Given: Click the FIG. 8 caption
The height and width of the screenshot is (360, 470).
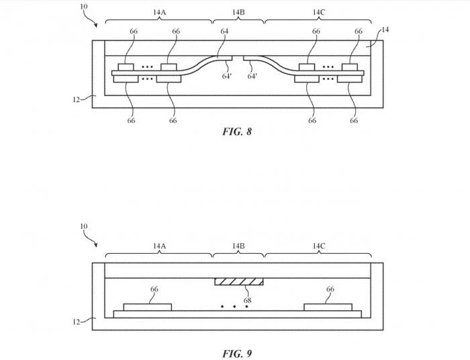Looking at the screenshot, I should [237, 132].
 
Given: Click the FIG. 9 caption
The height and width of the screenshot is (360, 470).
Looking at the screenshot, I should [237, 353].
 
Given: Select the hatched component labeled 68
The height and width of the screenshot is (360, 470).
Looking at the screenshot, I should [238, 281].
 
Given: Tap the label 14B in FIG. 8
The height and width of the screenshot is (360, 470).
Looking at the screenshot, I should [238, 12].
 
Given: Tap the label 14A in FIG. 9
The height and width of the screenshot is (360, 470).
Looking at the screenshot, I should [158, 247].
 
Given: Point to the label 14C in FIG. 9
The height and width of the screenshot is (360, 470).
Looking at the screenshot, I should [318, 247].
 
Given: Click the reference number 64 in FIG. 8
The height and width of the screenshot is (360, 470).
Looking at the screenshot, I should [224, 32].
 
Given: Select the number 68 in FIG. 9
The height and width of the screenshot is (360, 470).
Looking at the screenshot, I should [248, 300].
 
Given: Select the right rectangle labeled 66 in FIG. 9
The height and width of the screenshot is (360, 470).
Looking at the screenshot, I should [328, 308].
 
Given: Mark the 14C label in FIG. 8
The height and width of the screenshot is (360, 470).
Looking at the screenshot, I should [318, 12].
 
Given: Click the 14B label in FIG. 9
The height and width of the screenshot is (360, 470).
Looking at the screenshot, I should [238, 247].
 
